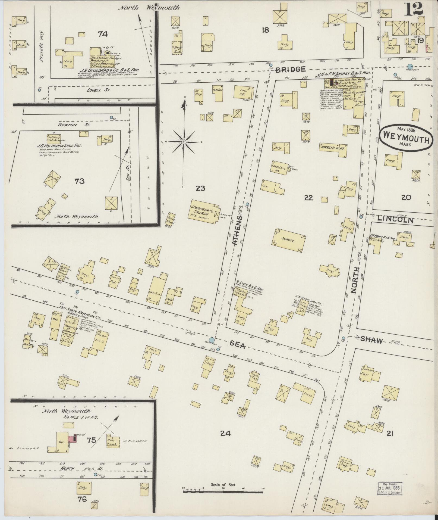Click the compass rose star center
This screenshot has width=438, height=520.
184,142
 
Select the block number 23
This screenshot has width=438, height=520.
200,188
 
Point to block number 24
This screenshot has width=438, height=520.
225,433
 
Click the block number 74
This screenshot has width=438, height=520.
103,34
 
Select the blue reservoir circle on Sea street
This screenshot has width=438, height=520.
212,340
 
